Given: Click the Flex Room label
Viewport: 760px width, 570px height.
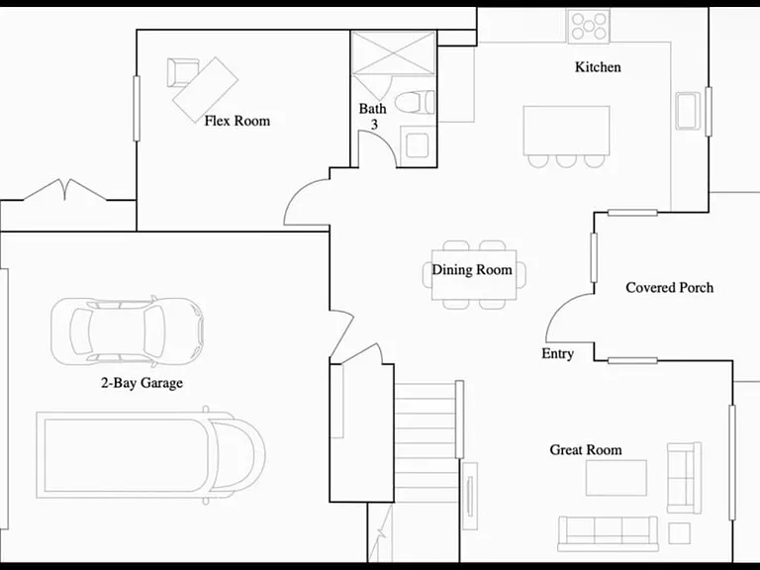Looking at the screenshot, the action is click(237, 121).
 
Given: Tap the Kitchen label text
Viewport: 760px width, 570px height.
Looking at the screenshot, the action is click(598, 67).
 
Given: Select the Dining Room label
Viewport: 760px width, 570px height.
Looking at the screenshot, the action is click(472, 269).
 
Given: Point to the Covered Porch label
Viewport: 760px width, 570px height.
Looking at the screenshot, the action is click(669, 287).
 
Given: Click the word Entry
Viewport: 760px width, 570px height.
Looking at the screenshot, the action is click(557, 354).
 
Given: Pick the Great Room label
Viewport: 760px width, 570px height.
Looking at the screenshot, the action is click(586, 450).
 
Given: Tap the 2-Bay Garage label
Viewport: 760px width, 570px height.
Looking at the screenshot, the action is click(142, 383).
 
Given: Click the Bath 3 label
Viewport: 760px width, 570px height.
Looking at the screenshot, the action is click(373, 117).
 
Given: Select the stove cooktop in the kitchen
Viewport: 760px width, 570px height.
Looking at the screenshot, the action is click(589, 26).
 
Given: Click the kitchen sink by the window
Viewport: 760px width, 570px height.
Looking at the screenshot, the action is click(688, 111).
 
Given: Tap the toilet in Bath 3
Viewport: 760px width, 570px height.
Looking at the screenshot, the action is click(415, 102).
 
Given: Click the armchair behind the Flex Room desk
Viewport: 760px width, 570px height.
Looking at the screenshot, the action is click(181, 72).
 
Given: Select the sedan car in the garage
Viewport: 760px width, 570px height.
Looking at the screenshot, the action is click(127, 332).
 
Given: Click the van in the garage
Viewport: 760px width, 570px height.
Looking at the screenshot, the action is click(150, 455).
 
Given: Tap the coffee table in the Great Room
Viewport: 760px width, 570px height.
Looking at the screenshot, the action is click(617, 478).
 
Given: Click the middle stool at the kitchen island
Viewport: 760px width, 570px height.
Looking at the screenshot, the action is click(566, 161).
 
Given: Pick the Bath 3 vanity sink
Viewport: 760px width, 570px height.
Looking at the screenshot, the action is click(417, 144).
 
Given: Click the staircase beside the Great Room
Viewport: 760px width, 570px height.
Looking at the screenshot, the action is click(427, 442).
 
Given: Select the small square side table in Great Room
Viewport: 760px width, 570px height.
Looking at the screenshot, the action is click(679, 533).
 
